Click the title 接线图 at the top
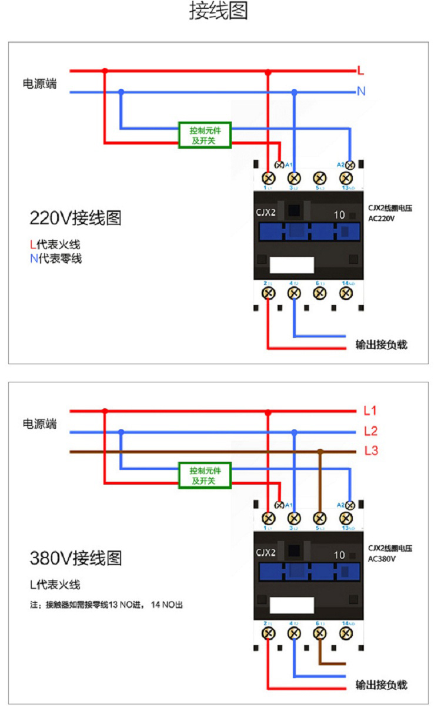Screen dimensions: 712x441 click(x=219, y=11)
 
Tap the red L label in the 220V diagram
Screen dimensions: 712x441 click(x=361, y=71)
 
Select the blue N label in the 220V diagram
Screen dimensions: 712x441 click(x=361, y=92)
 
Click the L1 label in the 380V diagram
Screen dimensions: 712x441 click(x=370, y=411)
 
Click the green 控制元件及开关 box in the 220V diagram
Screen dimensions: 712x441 click(x=205, y=135)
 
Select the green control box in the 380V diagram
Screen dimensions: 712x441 click(x=205, y=475)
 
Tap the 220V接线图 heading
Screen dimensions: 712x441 click(x=76, y=219)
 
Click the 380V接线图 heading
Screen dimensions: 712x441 click(x=76, y=558)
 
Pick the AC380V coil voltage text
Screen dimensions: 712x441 click(x=382, y=559)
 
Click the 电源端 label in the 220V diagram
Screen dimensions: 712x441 click(x=40, y=84)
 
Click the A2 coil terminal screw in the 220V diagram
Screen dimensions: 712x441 click(x=350, y=164)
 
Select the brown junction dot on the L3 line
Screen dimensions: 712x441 click(x=320, y=452)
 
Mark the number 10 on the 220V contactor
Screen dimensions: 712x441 click(x=339, y=215)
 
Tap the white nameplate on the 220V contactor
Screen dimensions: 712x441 click(x=292, y=266)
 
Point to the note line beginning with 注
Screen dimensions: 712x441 click(x=106, y=604)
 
